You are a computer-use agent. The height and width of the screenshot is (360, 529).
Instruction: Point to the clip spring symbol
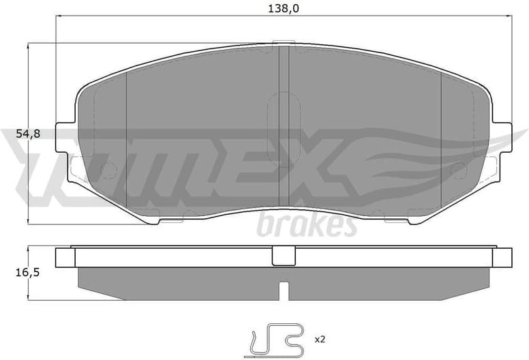pyautogui.click(x=276, y=336)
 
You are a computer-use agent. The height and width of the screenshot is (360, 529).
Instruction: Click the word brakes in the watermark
pyautogui.click(x=306, y=225)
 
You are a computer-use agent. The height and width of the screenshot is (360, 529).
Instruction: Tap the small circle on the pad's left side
pyautogui.click(x=108, y=170)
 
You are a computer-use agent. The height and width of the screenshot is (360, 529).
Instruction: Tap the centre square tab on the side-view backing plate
pyautogui.click(x=282, y=256)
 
